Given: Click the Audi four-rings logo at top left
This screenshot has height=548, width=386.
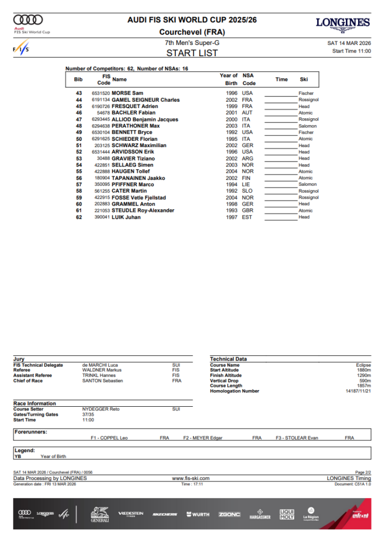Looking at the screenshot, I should tap(28, 20).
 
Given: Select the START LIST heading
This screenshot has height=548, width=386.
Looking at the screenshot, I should tap(192, 52).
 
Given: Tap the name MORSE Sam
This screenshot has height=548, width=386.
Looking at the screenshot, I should tap(127, 93).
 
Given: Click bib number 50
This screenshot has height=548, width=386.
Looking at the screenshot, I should tap(79, 139).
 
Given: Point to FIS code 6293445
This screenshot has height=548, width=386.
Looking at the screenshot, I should tap(101, 119).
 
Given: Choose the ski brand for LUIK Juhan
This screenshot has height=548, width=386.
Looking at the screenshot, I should tap(304, 217).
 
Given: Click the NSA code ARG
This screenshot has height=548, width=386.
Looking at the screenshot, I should tap(247, 158).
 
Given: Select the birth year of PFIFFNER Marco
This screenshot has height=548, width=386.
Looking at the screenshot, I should tap(231, 185).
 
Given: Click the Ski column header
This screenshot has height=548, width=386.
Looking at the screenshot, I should tap(304, 79).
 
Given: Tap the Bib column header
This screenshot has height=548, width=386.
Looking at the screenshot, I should tap(79, 79).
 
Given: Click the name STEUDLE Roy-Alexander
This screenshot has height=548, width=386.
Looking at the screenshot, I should tap(143, 210).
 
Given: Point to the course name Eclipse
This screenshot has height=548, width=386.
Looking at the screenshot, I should tap(363, 365).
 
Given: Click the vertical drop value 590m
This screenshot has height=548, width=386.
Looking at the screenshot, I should tap(365, 380).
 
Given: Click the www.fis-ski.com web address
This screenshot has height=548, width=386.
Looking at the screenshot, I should tap(190, 478).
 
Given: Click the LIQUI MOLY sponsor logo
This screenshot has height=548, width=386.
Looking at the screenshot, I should tap(287, 515).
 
